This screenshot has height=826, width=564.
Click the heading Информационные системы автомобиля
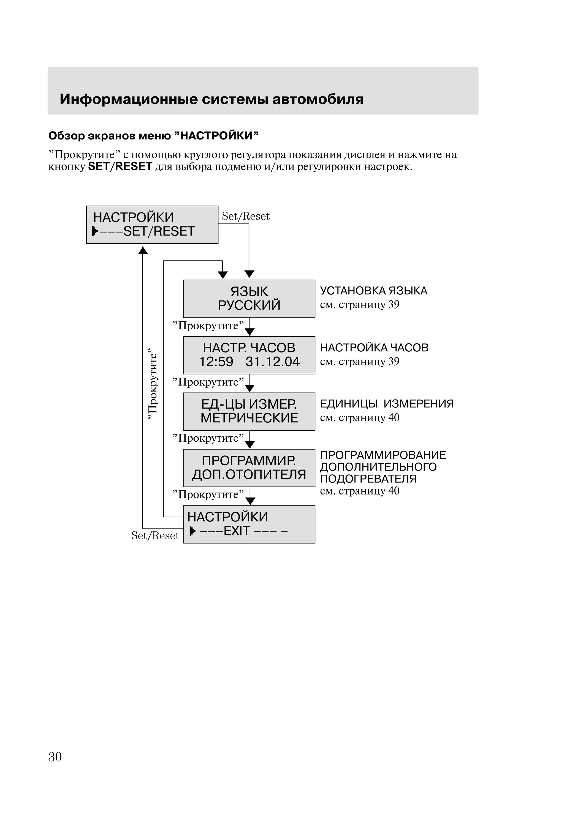[x=211, y=99]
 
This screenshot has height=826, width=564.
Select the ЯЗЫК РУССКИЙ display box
[x=249, y=299]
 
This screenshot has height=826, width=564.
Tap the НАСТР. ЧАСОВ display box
[x=249, y=355]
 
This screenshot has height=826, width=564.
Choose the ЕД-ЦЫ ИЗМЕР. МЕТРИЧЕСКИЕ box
[x=249, y=411]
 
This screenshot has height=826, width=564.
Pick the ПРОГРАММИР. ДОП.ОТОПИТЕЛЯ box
[x=249, y=468]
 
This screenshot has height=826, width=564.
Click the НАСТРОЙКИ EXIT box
[x=249, y=524]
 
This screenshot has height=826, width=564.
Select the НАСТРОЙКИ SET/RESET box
[x=152, y=225]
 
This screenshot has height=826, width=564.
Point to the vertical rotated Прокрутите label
[x=153, y=384]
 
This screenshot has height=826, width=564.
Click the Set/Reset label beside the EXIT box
[x=155, y=536]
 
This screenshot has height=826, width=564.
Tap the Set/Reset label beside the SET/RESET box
[x=246, y=216]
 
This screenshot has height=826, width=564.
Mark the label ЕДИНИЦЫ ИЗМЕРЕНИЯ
[x=387, y=404]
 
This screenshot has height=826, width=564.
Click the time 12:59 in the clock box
[x=216, y=362]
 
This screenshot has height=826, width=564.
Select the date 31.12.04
[x=273, y=362]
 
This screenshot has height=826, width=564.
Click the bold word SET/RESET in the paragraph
[x=120, y=166]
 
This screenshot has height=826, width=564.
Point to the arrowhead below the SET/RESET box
[x=143, y=251]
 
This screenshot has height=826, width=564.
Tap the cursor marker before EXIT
[x=192, y=531]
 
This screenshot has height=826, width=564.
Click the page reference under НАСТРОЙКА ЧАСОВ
[x=359, y=362]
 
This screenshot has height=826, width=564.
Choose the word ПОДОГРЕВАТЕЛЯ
[x=368, y=479]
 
